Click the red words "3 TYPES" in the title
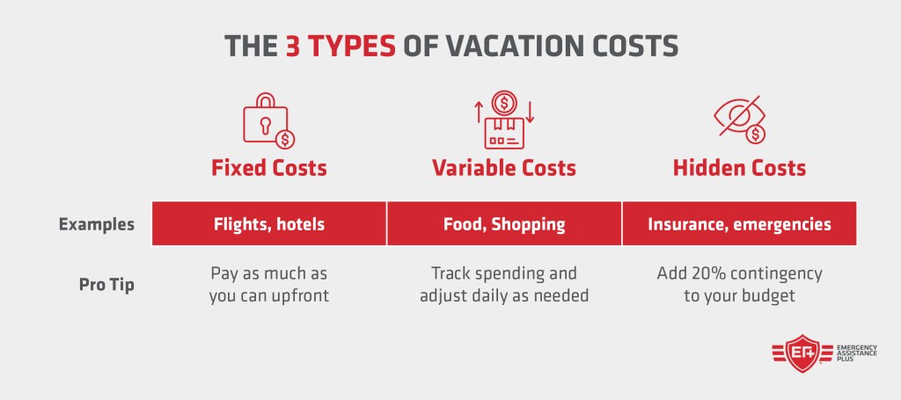coord(341,46)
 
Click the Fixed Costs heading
coord(268,168)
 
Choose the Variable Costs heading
coord(503,168)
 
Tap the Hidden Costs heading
coord(739,168)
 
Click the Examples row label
coord(97,224)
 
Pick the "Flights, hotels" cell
coord(269,224)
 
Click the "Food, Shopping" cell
coord(504,224)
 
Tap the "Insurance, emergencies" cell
coord(739,224)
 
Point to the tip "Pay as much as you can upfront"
coord(269,285)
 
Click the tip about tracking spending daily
coord(504,285)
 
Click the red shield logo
coord(801,353)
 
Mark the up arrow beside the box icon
coord(478,112)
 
